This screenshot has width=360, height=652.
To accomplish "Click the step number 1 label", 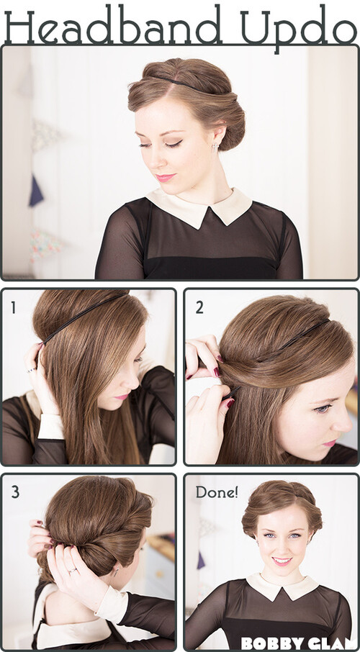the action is (x=14, y=308).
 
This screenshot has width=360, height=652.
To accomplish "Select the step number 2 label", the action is (x=199, y=307).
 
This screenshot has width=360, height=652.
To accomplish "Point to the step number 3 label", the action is (x=15, y=492).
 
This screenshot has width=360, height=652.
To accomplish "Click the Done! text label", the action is (x=217, y=492).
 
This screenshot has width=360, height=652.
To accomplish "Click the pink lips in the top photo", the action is (x=165, y=178).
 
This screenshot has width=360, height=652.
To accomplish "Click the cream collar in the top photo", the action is (x=199, y=207).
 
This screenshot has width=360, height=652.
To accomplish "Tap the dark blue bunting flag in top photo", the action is (x=36, y=191).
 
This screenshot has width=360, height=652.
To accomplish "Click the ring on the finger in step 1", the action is (x=30, y=369).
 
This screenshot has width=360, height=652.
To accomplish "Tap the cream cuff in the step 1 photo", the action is (x=51, y=425).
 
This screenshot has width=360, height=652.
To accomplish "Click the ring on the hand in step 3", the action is (x=73, y=571).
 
